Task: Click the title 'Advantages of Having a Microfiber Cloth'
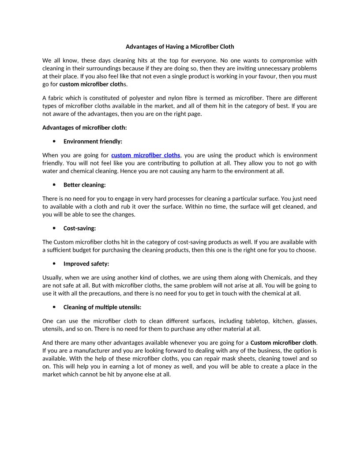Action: [x=180, y=46]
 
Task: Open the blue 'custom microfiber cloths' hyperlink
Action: [x=146, y=155]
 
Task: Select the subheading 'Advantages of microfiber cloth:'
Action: [x=84, y=128]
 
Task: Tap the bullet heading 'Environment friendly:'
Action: [x=93, y=142]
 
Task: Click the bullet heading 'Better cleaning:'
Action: [x=84, y=185]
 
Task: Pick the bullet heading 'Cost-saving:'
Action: [x=79, y=228]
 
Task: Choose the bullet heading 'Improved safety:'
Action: [x=86, y=264]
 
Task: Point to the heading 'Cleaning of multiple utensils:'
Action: [x=102, y=307]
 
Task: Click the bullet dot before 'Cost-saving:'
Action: [x=54, y=228]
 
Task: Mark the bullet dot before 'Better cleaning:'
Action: [x=54, y=185]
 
